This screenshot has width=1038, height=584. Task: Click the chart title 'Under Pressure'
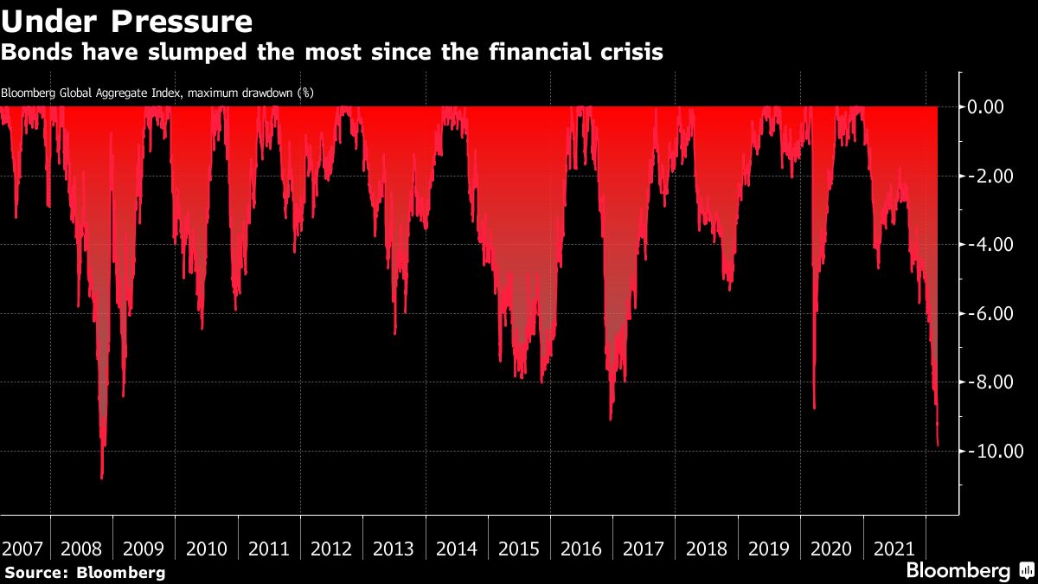pos(127,20)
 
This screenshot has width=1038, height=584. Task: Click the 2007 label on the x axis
pos(23,549)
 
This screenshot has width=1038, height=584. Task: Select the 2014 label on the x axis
pos(457,549)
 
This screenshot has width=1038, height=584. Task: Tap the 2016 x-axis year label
pos(581,549)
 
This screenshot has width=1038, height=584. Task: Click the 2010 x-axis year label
pos(207,549)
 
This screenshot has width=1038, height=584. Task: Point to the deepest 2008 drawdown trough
pos(102,477)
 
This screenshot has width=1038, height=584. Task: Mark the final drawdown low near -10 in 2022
pos(939,446)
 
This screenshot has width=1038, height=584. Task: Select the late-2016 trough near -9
pos(611,420)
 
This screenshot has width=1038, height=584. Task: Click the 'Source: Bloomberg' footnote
pos(85,572)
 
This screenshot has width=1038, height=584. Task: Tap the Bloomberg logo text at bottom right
pos(958,571)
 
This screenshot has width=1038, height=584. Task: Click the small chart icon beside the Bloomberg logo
pos(1025,571)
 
